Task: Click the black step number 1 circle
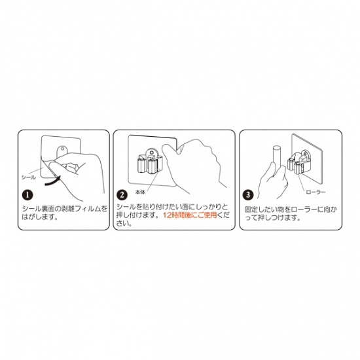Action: pos(27,194)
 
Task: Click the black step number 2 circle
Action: pos(122,194)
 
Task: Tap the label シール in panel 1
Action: pos(29,177)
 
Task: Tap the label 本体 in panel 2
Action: pos(139,192)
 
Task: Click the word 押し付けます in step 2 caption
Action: pos(137,215)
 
